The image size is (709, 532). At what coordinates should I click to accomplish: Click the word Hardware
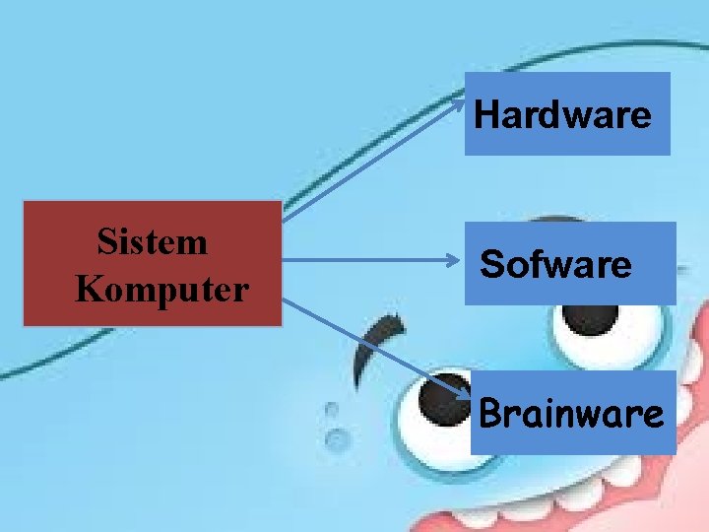(562, 116)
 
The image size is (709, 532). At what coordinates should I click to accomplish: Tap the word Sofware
(556, 264)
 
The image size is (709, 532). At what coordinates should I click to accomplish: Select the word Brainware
(571, 414)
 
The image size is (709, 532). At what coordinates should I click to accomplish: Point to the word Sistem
(153, 241)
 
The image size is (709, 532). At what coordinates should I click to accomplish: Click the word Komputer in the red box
(162, 290)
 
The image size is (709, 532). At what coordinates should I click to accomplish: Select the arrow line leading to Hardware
(374, 158)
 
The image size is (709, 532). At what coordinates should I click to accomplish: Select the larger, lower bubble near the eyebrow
(337, 437)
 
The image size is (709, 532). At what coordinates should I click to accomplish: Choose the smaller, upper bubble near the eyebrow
(332, 408)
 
